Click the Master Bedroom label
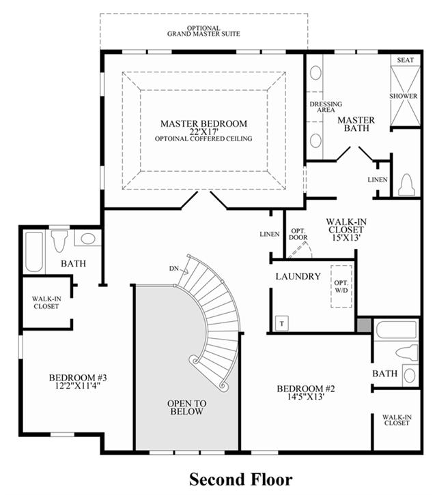[203, 123]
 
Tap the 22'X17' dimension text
[204, 132]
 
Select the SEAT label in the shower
[405, 60]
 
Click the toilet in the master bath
[406, 185]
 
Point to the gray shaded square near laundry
[364, 325]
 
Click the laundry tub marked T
[282, 323]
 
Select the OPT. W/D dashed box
[341, 286]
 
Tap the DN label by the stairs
[174, 269]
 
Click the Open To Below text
[187, 407]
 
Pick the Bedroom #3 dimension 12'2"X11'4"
[78, 385]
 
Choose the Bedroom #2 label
[306, 389]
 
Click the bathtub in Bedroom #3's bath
[34, 252]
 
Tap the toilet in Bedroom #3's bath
[59, 241]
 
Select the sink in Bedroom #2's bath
[410, 376]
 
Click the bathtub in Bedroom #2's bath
[397, 329]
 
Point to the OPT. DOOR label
[298, 234]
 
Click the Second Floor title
[241, 479]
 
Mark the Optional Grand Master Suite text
[203, 31]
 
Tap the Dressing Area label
[326, 106]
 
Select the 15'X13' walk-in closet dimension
[346, 238]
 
